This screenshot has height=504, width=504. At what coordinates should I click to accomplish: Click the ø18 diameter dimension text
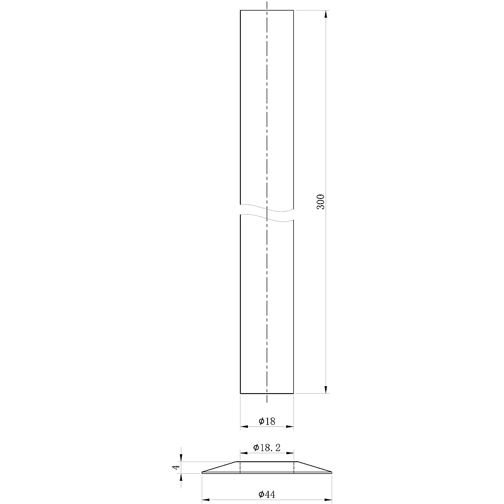[267, 421]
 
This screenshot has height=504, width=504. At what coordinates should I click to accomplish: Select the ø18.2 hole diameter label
[267, 448]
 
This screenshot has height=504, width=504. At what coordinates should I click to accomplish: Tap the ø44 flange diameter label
[267, 494]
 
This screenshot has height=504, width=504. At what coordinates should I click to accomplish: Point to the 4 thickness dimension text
[176, 467]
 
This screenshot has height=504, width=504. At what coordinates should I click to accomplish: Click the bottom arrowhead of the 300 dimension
[326, 389]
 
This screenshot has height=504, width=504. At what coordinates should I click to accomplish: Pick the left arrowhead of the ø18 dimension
[244, 427]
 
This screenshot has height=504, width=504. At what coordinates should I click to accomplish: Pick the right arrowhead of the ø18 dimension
[289, 427]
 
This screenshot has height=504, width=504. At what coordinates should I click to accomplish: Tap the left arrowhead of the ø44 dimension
[206, 500]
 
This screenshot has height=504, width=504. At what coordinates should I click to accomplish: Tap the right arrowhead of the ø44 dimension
[329, 500]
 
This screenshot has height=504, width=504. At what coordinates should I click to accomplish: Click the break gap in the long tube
[267, 212]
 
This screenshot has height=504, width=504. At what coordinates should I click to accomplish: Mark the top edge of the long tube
[267, 10]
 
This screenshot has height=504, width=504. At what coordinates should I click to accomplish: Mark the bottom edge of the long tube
[267, 393]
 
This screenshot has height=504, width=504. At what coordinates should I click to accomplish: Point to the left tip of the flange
[203, 472]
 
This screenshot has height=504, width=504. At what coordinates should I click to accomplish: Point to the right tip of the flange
[332, 472]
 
